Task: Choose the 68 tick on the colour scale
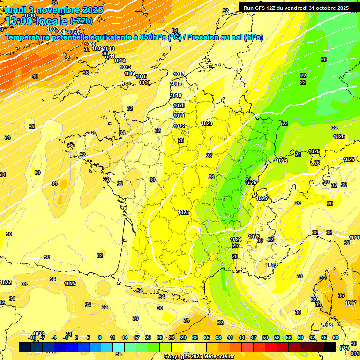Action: [x=336, y=337]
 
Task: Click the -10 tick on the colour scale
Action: [x=32, y=337]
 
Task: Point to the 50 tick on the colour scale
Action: [x=265, y=337]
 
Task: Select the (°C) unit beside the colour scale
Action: [x=344, y=347]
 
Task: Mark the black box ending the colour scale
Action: [x=330, y=347]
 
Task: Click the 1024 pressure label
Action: [x=236, y=240]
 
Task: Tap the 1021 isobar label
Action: [x=179, y=116]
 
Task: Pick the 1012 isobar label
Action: [x=120, y=60]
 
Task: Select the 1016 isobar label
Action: [x=144, y=82]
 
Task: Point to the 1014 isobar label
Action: [x=130, y=74]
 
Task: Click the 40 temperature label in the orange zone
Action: [x=35, y=76]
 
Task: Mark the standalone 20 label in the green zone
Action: [x=324, y=60]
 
